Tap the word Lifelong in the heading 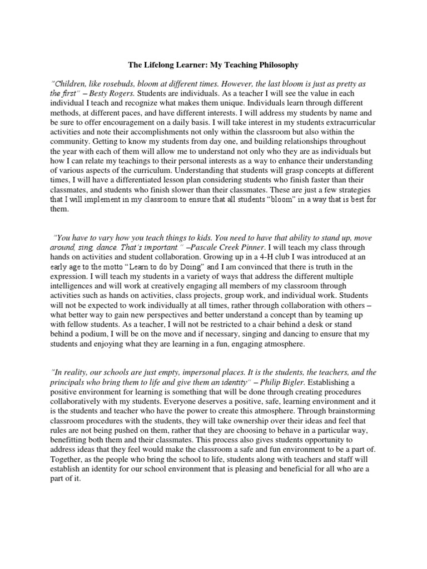tap(169, 65)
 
